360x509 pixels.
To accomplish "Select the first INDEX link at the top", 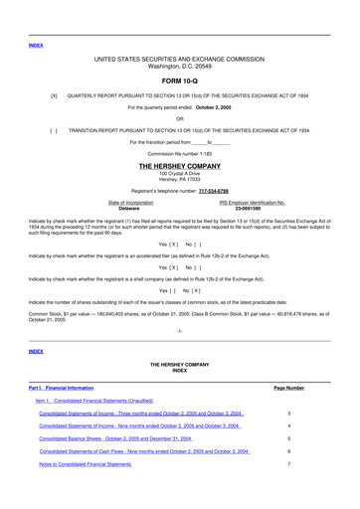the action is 36,45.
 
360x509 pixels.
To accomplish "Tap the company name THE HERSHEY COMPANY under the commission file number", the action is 179,167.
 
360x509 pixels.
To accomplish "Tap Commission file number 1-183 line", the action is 179,154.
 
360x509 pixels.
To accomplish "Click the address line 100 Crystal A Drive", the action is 179,174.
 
